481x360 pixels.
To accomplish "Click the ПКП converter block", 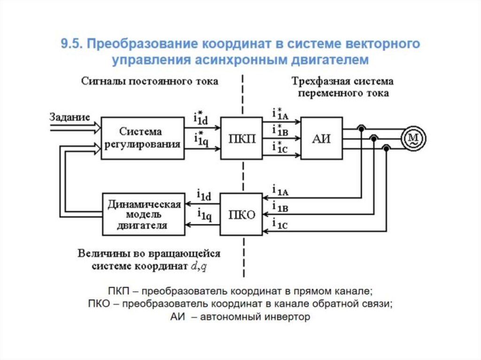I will (x=242, y=138).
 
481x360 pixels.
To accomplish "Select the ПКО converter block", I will (x=242, y=215).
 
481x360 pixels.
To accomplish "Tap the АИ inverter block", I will (x=321, y=138).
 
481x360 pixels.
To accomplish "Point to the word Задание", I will (x=69, y=117).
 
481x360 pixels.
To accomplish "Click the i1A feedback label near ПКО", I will (x=281, y=191).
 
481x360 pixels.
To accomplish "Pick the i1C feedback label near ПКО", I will (x=281, y=225).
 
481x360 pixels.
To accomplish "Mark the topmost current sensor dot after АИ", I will (x=361, y=129).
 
